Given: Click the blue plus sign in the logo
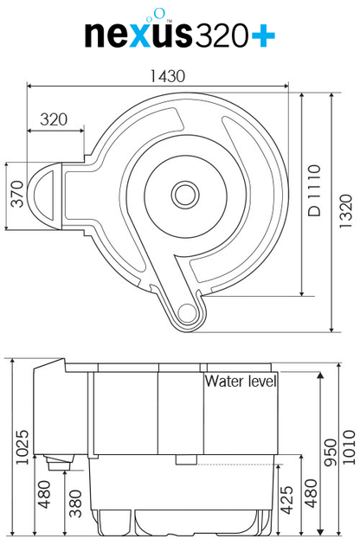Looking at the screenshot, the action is pyautogui.click(x=263, y=35).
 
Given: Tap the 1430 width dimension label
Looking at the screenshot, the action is pyautogui.click(x=167, y=76).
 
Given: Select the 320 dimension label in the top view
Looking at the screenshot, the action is pyautogui.click(x=54, y=119).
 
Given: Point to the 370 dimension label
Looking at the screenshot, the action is pyautogui.click(x=17, y=194).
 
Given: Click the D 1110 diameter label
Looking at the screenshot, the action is pyautogui.click(x=314, y=190).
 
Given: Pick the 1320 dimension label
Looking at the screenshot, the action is pyautogui.click(x=345, y=211).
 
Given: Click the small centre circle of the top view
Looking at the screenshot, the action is pyautogui.click(x=185, y=195).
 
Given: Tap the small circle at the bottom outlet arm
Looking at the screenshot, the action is pyautogui.click(x=187, y=313).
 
